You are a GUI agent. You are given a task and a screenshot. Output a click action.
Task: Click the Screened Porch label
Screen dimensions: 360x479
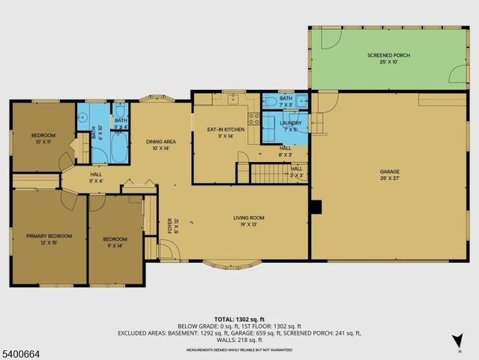click(388, 58)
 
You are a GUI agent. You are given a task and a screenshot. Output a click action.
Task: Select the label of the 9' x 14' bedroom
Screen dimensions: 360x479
click(115, 239)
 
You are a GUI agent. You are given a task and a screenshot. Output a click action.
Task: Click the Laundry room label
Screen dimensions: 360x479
click(290, 125)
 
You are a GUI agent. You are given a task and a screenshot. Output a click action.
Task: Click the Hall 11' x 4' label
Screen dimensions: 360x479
click(95, 177)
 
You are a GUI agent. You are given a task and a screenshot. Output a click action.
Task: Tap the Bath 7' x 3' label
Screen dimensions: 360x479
click(286, 101)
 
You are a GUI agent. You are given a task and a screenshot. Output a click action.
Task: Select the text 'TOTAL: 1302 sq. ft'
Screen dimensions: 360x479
click(239, 319)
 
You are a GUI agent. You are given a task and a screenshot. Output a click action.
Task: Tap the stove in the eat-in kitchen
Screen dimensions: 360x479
click(254, 119)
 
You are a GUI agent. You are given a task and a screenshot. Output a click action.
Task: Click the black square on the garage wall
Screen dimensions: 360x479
click(316, 206)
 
